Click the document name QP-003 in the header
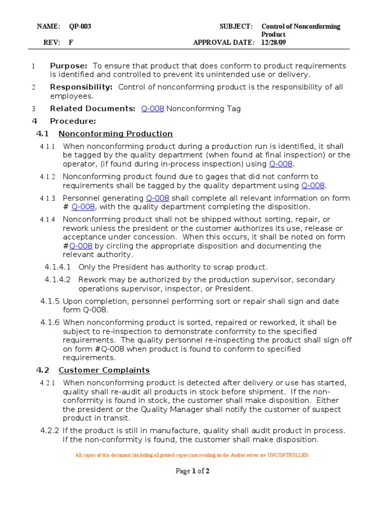(80, 27)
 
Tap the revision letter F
(71, 43)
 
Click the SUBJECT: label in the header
(236, 27)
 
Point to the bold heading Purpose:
(69, 66)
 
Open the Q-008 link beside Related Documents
(152, 109)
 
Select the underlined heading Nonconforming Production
(115, 134)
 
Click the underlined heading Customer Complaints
(104, 370)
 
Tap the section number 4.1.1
(48, 146)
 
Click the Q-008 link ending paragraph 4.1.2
(313, 185)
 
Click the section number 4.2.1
(48, 383)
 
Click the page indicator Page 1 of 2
(192, 471)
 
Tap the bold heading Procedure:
(73, 121)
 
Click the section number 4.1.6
(50, 323)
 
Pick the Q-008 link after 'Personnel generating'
(157, 198)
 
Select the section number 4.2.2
(50, 431)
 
